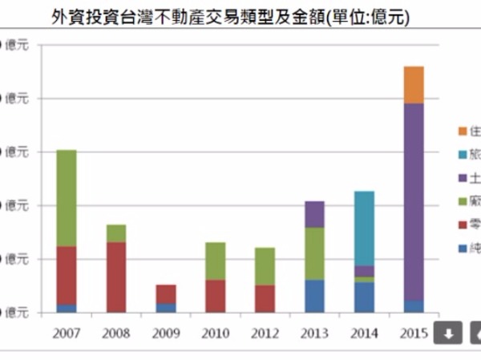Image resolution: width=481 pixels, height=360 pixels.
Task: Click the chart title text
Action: pyautogui.click(x=240, y=16)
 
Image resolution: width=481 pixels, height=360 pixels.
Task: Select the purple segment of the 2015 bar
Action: pyautogui.click(x=414, y=200)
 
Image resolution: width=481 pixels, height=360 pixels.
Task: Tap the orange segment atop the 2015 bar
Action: pyautogui.click(x=414, y=85)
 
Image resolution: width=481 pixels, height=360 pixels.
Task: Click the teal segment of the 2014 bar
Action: pyautogui.click(x=364, y=229)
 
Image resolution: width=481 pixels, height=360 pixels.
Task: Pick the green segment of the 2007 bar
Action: pyautogui.click(x=67, y=198)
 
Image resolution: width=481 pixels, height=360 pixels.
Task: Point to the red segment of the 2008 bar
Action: pyautogui.click(x=116, y=277)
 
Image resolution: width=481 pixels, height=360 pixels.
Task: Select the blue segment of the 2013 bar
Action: pyautogui.click(x=314, y=296)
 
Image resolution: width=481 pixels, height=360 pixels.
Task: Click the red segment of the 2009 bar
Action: pyautogui.click(x=166, y=293)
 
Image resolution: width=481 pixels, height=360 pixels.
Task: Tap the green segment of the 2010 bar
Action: pyautogui.click(x=216, y=261)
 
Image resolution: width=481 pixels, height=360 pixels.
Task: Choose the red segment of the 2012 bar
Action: pyautogui.click(x=265, y=298)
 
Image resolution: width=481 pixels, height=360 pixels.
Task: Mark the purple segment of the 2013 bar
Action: pyautogui.click(x=314, y=214)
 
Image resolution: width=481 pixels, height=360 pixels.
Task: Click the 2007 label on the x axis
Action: pyautogui.click(x=67, y=332)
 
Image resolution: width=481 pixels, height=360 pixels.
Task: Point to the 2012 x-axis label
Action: pyautogui.click(x=265, y=332)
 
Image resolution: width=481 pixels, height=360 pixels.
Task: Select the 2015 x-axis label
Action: pyautogui.click(x=414, y=332)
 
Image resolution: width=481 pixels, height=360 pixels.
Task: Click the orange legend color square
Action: pyautogui.click(x=463, y=131)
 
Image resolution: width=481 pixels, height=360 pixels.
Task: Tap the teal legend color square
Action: pyautogui.click(x=463, y=155)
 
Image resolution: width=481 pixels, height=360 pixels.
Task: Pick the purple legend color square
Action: pyautogui.click(x=463, y=178)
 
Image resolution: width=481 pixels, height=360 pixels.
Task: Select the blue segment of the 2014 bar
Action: pyautogui.click(x=364, y=297)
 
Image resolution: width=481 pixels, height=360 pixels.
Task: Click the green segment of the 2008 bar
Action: pyautogui.click(x=116, y=233)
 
